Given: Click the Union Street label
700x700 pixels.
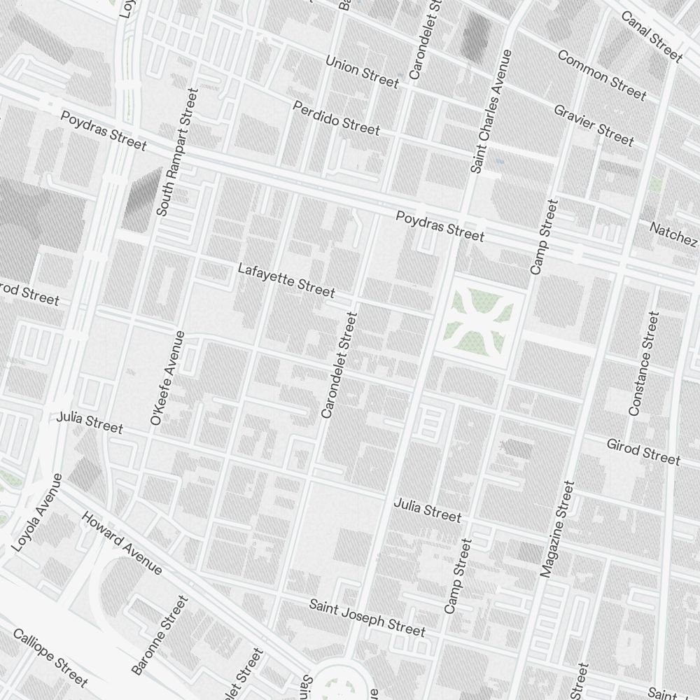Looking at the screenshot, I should (x=362, y=72).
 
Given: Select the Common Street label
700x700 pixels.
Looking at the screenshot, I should (x=601, y=74).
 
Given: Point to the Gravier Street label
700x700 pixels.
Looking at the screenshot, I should (x=594, y=125).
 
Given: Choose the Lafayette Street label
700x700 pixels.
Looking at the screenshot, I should (x=286, y=279).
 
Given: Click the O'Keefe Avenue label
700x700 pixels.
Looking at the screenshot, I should (x=168, y=378).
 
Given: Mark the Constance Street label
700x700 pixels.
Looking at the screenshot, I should (x=643, y=364).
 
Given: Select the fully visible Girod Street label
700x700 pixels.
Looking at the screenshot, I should (x=643, y=451).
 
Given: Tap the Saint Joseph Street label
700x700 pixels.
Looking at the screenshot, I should (x=367, y=617).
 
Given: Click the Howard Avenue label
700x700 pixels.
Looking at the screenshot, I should (x=122, y=543).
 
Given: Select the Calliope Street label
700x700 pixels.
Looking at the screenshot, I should (x=50, y=657).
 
